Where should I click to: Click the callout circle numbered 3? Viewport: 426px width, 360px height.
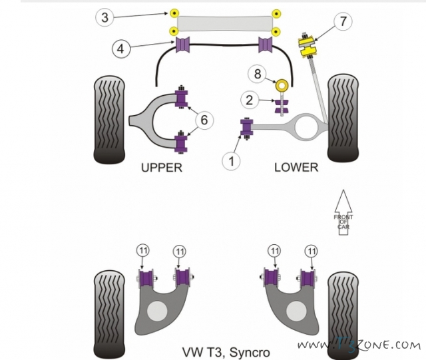pyautogui.click(x=105, y=17)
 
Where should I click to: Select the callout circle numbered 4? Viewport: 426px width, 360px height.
pyautogui.click(x=121, y=49)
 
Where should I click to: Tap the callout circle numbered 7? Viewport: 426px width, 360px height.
pyautogui.click(x=343, y=21)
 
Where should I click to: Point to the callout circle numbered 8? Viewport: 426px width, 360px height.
pyautogui.click(x=258, y=74)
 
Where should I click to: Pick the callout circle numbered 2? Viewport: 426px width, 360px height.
pyautogui.click(x=250, y=100)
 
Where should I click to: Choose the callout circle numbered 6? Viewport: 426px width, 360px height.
pyautogui.click(x=204, y=120)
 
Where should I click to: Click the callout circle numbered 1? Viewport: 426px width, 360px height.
pyautogui.click(x=231, y=161)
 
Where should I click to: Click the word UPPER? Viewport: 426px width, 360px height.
pyautogui.click(x=161, y=168)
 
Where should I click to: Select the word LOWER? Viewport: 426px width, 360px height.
pyautogui.click(x=296, y=167)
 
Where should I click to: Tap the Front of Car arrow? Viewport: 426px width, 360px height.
pyautogui.click(x=343, y=212)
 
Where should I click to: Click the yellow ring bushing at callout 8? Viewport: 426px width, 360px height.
pyautogui.click(x=282, y=85)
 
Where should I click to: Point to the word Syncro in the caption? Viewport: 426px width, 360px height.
pyautogui.click(x=250, y=353)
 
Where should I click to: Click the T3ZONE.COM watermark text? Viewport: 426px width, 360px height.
pyautogui.click(x=359, y=345)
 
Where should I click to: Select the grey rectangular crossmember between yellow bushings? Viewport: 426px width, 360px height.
pyautogui.click(x=225, y=23)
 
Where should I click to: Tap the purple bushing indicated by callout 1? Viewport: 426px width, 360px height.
pyautogui.click(x=247, y=128)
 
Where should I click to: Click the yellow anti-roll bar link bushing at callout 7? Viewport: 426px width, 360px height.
pyautogui.click(x=306, y=46)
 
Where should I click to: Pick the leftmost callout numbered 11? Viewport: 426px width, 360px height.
pyautogui.click(x=143, y=250)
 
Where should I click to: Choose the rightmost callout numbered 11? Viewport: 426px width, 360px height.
pyautogui.click(x=311, y=251)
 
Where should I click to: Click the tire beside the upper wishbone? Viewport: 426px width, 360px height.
pyautogui.click(x=109, y=120)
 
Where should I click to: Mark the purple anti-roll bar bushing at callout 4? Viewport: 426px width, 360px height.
pyautogui.click(x=183, y=45)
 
